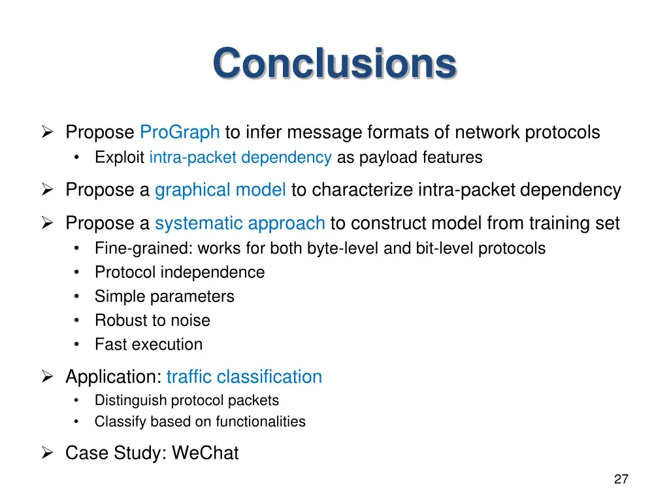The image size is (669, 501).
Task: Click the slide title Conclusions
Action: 334,64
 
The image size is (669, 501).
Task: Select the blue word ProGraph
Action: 180,132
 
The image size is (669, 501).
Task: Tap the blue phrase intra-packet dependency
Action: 240,158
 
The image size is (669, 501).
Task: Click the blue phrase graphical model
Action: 220,190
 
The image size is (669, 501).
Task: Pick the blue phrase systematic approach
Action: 240,223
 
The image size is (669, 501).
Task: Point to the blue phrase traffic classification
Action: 244,377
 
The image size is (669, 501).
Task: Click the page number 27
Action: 621,479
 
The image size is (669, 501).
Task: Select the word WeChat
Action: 205,453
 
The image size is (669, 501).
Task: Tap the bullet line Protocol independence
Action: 180,273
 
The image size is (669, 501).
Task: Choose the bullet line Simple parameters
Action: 164,297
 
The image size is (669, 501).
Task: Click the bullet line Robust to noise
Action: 152,321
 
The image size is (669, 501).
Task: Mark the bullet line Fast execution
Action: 148,344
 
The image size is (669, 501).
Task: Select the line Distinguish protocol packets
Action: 186,401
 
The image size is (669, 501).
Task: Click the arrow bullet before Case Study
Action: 47,453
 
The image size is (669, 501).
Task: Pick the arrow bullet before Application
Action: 47,377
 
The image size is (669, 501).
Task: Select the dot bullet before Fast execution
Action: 78,344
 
